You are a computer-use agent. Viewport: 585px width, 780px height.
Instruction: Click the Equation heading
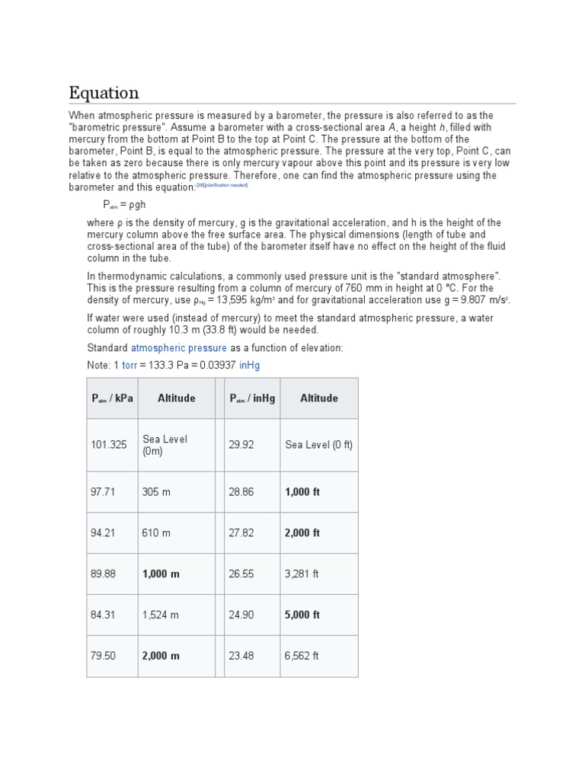pyautogui.click(x=104, y=93)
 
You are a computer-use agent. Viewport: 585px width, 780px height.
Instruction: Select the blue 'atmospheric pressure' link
pyautogui.click(x=179, y=348)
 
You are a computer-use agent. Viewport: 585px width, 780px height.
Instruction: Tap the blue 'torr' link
pyautogui.click(x=129, y=366)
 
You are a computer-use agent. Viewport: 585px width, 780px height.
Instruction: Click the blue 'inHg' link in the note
pyautogui.click(x=249, y=366)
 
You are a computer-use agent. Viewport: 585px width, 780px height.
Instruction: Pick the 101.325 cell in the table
pyautogui.click(x=108, y=445)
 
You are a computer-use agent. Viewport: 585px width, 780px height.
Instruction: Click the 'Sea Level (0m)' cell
pyautogui.click(x=165, y=445)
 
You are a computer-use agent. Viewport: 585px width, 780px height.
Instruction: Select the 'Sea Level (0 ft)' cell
pyautogui.click(x=318, y=445)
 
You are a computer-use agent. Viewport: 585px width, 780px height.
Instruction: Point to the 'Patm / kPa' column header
pyautogui.click(x=112, y=398)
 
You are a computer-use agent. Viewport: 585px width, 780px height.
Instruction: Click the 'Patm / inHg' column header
pyautogui.click(x=252, y=398)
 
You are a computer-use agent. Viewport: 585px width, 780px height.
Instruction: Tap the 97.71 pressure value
pyautogui.click(x=103, y=492)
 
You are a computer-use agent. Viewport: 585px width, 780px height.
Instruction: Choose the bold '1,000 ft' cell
pyautogui.click(x=302, y=492)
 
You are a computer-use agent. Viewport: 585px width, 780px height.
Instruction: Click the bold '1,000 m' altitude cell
pyautogui.click(x=161, y=574)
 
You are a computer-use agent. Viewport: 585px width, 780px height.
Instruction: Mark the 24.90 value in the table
pyautogui.click(x=241, y=615)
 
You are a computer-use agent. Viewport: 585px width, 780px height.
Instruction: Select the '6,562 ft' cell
pyautogui.click(x=302, y=656)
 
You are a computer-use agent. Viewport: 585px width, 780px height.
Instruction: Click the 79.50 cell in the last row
pyautogui.click(x=103, y=656)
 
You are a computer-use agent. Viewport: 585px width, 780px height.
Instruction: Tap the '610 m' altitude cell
pyautogui.click(x=156, y=533)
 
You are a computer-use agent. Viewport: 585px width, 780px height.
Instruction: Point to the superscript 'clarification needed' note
pyautogui.click(x=225, y=185)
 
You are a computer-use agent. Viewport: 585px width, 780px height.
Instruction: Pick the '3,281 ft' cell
pyautogui.click(x=302, y=574)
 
